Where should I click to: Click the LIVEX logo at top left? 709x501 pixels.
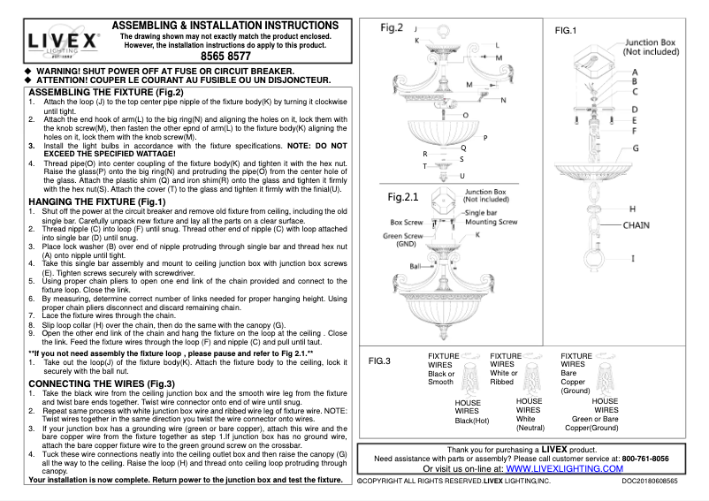[x=60, y=42]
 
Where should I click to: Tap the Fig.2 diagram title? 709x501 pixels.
[x=392, y=27]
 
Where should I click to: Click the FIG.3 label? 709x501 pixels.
[x=379, y=361]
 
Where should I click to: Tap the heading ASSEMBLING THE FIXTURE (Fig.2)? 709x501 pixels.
[x=107, y=92]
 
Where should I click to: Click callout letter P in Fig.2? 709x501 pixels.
[x=485, y=139]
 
